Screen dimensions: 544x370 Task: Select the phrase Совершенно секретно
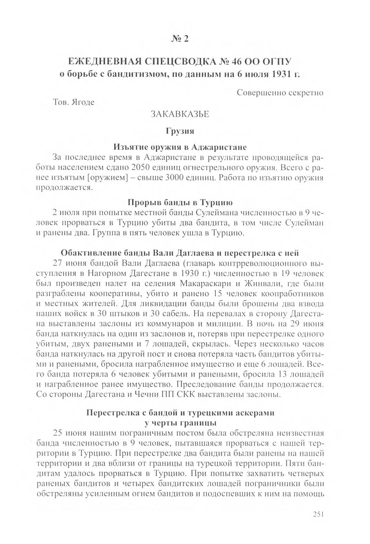280,93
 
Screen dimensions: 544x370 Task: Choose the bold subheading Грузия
180,131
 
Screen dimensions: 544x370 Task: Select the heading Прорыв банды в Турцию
180,203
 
